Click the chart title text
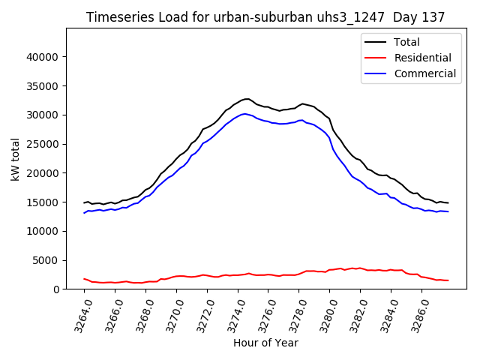pos(265,17)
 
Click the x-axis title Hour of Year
pos(265,343)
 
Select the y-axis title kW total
pos(15,159)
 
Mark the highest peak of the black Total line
pos(247,99)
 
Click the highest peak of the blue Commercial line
pos(245,114)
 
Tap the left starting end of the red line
pos(84,278)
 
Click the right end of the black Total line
pos(448,203)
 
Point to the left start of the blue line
pos(84,213)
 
